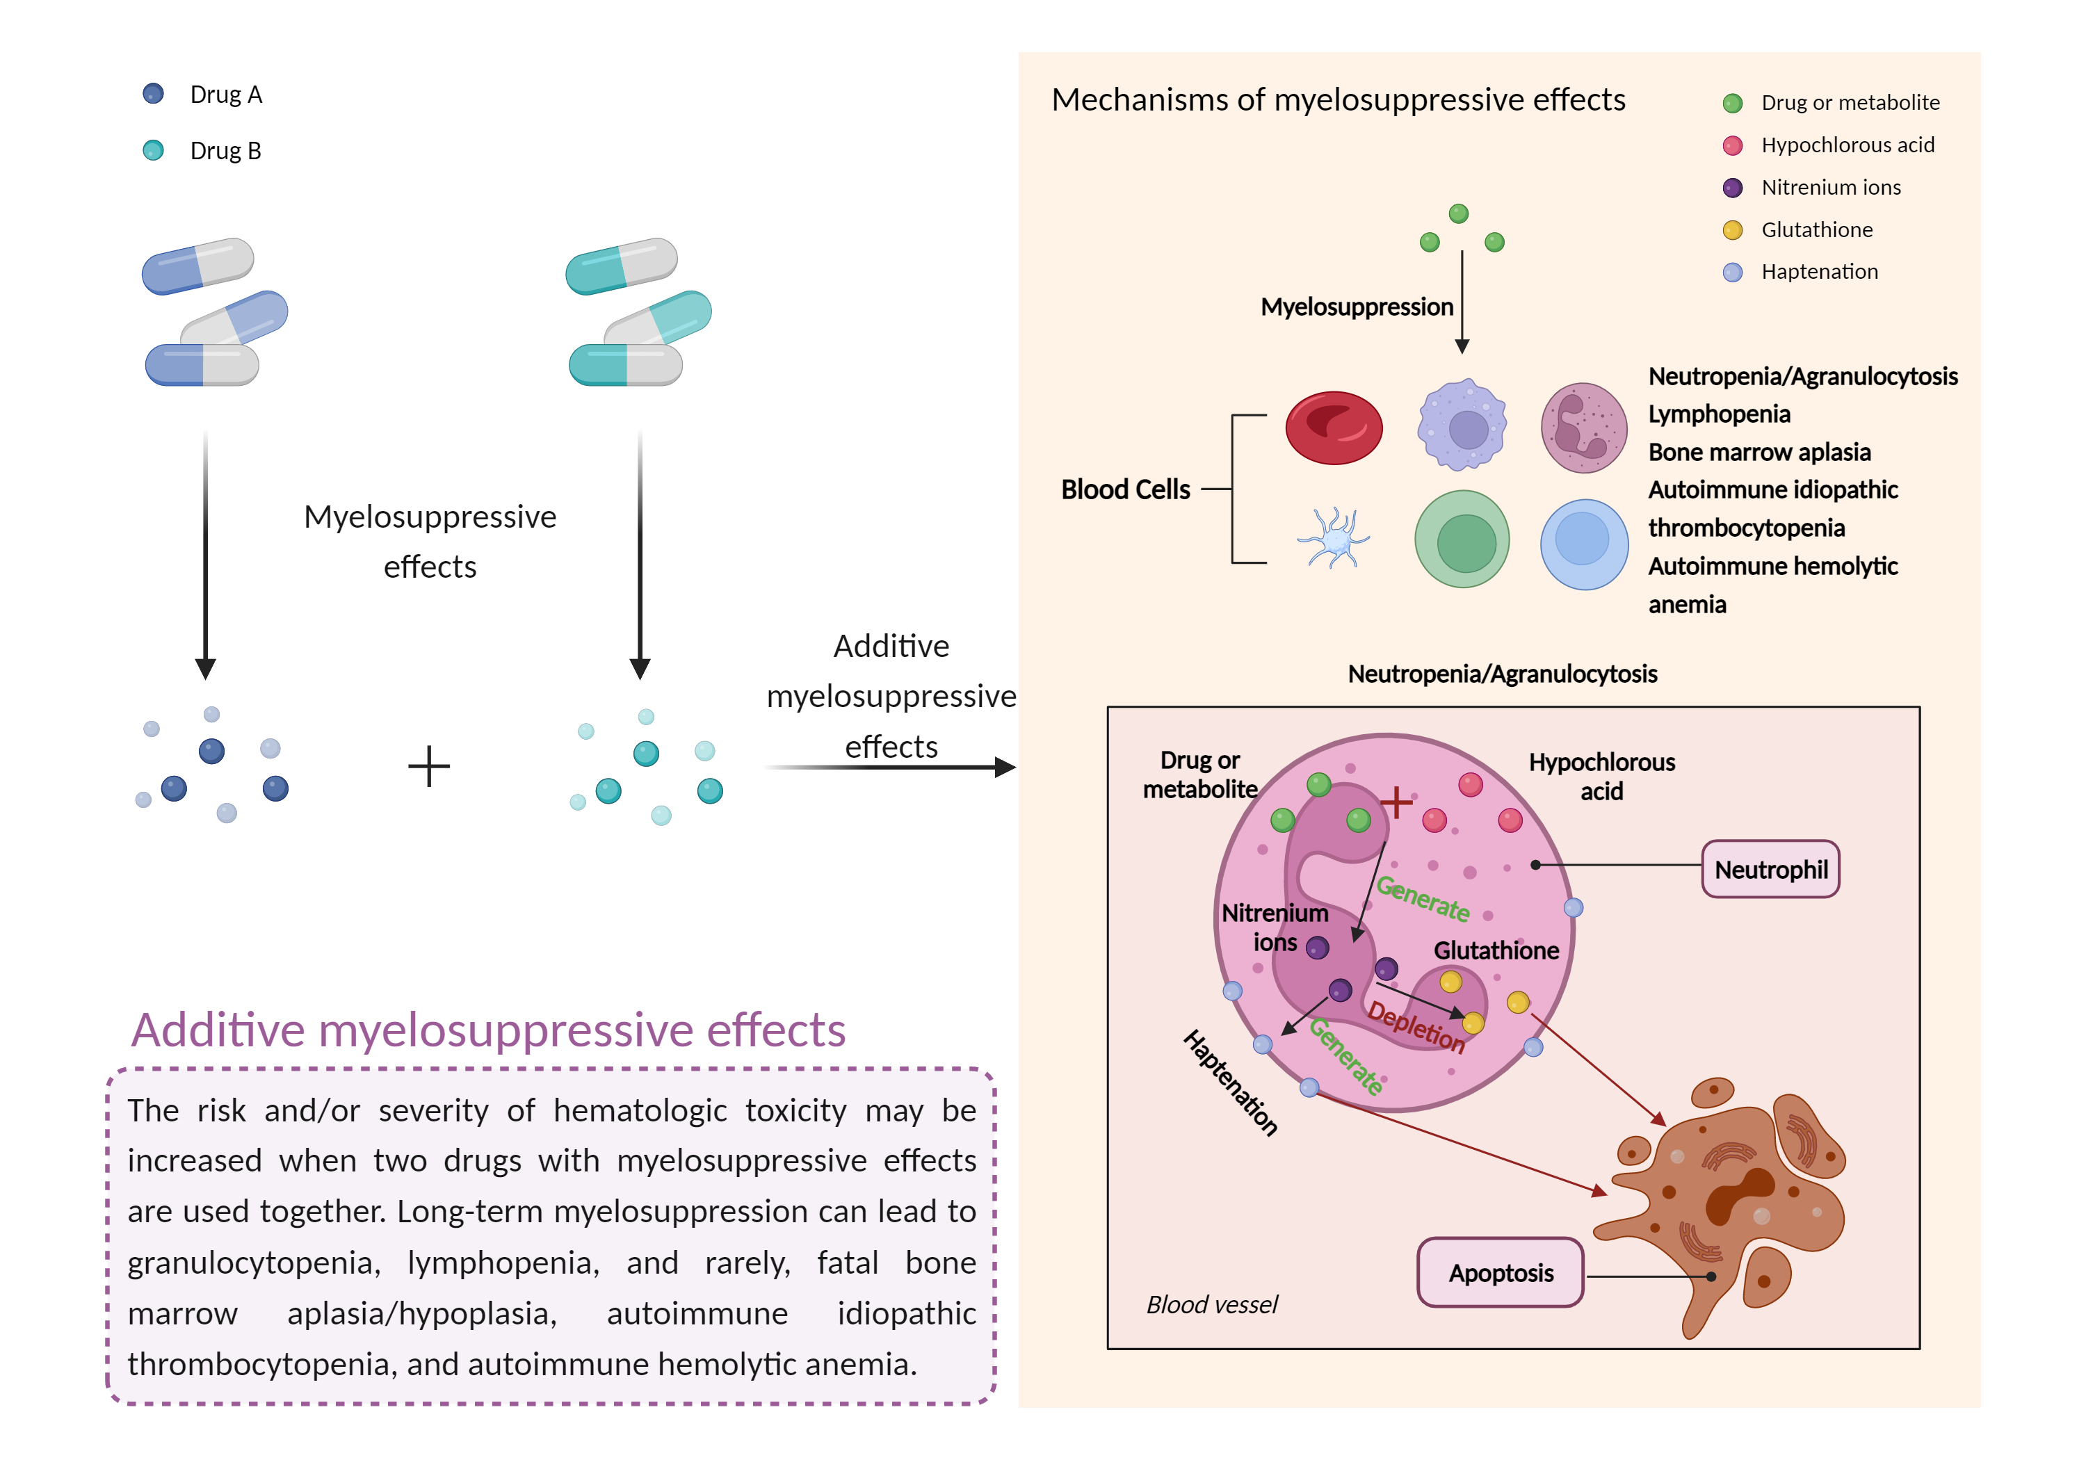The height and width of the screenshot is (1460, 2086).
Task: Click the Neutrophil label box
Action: (1769, 870)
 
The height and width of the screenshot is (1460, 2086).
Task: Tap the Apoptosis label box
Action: (1500, 1273)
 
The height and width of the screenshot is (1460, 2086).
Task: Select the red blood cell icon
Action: (1333, 427)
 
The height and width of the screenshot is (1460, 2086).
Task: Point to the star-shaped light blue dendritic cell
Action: (1333, 538)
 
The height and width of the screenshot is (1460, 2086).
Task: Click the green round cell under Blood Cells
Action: (1462, 540)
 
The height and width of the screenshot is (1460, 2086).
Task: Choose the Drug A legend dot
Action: (154, 94)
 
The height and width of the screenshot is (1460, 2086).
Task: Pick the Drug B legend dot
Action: (154, 150)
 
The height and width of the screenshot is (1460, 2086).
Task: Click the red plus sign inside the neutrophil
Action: (1396, 802)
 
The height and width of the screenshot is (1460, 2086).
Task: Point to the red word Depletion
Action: (1416, 1027)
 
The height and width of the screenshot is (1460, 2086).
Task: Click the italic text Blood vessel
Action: (1211, 1305)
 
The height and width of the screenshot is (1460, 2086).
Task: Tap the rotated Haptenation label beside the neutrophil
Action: (1231, 1082)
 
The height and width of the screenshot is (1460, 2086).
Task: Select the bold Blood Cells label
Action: (1125, 489)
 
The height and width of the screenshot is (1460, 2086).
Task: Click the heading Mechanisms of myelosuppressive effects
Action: (1337, 100)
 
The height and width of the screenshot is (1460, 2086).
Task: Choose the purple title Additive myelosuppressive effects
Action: (489, 1030)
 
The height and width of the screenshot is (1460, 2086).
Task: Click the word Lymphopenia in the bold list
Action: (1719, 414)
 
